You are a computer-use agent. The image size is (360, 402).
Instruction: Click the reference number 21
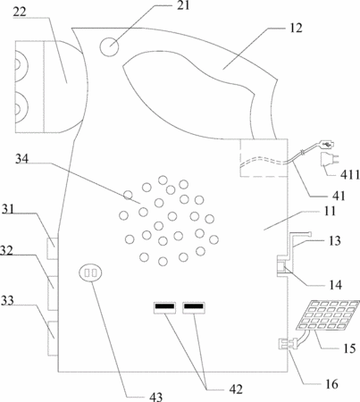coord(183,5)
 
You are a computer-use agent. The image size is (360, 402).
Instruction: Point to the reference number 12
coord(296,28)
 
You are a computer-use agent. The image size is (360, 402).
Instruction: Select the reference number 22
coord(20,12)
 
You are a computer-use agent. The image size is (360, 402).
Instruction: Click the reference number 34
coord(22,159)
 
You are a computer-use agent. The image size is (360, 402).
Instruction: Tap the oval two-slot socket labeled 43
coord(90,273)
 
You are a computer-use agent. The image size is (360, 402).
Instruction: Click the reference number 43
coord(155,397)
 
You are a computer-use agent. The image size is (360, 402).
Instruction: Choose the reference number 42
coord(236,389)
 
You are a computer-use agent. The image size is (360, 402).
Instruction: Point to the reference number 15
coord(349,348)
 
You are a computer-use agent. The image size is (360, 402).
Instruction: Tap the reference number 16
coord(331,384)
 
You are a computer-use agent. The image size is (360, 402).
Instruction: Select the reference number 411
coord(350,175)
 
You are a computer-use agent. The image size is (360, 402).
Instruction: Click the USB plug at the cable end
coord(327,145)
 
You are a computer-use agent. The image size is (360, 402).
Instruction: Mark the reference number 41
coord(339,196)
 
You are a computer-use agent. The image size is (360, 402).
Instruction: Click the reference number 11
coord(330,211)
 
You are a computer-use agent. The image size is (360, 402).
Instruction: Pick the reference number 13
coord(335,240)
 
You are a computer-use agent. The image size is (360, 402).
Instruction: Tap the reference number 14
coord(336,285)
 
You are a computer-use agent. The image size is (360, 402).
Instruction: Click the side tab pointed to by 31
coord(53,248)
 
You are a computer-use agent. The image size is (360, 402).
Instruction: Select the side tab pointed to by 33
coord(53,338)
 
